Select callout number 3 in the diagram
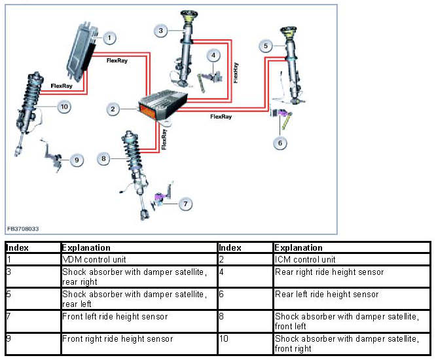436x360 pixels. [x=162, y=29]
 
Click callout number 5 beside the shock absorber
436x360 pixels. [x=265, y=46]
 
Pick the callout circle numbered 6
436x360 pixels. [x=280, y=142]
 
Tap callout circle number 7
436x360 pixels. [x=186, y=204]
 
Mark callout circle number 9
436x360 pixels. [x=77, y=159]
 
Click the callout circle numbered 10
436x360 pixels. [x=64, y=106]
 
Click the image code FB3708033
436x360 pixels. [x=24, y=229]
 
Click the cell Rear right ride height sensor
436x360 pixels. [x=329, y=272]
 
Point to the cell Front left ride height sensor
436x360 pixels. [x=115, y=316]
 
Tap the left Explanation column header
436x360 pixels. [x=86, y=248]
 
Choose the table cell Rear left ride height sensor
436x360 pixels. [x=326, y=295]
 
